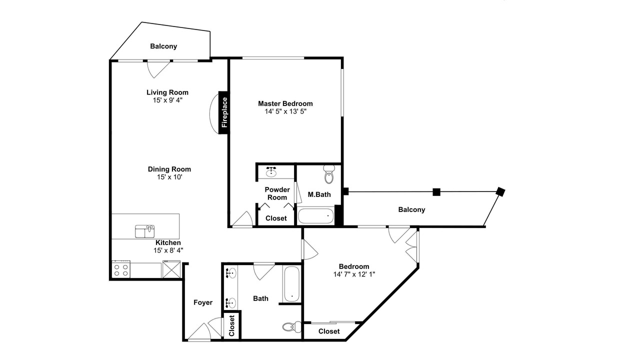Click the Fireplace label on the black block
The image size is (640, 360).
coord(224,112)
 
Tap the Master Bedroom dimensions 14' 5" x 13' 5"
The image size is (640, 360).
coord(285,111)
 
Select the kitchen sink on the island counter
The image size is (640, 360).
coord(145,231)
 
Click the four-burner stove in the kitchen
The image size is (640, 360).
coord(121,269)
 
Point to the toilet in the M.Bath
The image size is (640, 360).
coord(329,174)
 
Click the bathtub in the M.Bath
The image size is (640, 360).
coord(315,215)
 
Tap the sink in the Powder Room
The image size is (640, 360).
coord(271,171)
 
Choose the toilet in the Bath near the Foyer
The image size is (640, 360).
coord(291,326)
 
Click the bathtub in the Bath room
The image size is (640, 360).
coord(291,283)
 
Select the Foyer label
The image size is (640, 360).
coord(203,302)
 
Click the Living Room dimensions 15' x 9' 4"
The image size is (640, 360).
coord(167,100)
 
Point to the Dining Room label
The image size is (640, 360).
coord(169,169)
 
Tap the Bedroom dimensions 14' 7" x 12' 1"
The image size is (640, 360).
coord(354,274)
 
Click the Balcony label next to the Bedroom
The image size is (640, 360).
coord(411,209)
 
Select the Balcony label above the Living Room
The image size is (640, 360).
coord(163,46)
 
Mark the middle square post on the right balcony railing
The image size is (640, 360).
coord(436,192)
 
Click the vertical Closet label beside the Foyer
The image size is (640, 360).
coord(231,325)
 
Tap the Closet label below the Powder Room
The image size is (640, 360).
coord(276,218)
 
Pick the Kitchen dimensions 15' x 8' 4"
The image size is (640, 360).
coord(168,250)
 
